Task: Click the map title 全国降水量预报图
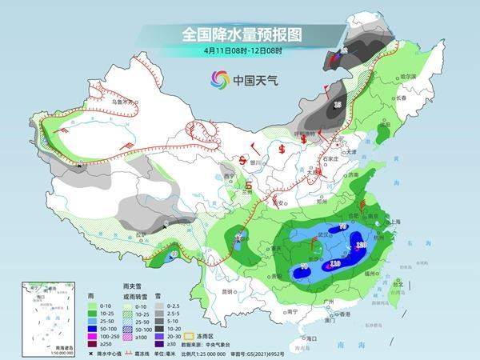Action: pos(241,34)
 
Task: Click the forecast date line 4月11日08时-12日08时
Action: pos(241,50)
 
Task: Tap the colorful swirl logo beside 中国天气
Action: pos(219,79)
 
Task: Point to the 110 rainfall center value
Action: pos(335,262)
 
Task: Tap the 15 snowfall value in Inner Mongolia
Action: pos(338,105)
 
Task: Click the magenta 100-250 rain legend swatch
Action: pos(93,331)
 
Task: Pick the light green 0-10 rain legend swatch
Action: pos(93,305)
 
